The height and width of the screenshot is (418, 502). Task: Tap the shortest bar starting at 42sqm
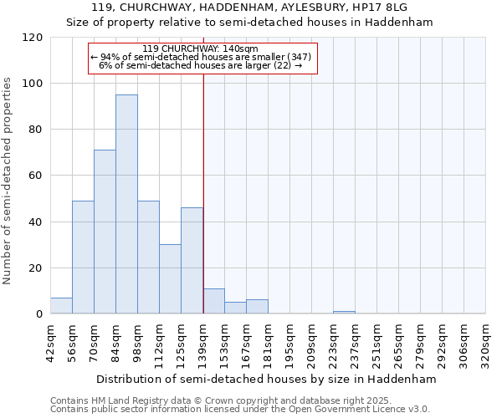click(61, 306)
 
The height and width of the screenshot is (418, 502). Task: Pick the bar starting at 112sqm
click(170, 279)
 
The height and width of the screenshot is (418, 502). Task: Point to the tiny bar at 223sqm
click(344, 313)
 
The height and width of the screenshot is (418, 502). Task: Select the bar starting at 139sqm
click(214, 301)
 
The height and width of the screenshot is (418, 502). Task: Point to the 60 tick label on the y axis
click(36, 176)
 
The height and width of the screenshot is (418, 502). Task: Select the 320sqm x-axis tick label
click(485, 344)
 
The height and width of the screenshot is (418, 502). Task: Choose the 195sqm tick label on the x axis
click(289, 344)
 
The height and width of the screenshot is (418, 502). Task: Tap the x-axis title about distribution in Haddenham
click(268, 379)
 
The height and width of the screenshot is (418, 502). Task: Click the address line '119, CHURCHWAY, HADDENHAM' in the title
click(251, 8)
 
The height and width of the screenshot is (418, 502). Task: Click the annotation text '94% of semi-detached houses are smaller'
click(201, 57)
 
